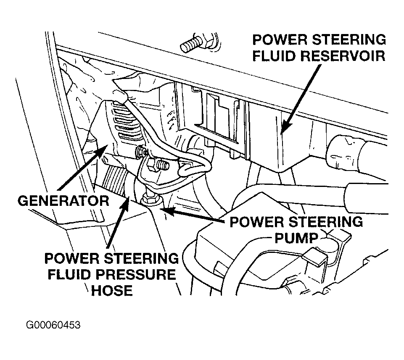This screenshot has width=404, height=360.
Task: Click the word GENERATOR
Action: click(63, 201)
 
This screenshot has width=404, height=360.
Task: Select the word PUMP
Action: click(296, 238)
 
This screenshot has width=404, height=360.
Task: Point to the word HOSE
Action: click(112, 290)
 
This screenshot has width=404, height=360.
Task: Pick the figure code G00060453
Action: click(53, 325)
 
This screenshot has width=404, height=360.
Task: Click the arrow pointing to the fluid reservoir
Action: click(301, 99)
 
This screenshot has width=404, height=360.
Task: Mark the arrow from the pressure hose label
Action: click(117, 222)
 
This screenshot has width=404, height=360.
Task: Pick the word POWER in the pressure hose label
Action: click(74, 258)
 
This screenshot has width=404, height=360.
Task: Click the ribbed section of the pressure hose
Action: click(115, 180)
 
